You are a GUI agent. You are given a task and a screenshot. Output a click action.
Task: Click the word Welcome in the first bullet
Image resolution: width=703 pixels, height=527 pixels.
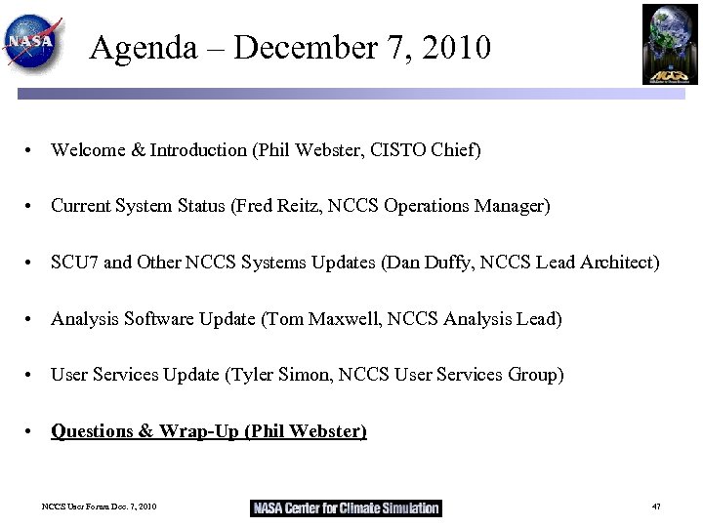[86, 150]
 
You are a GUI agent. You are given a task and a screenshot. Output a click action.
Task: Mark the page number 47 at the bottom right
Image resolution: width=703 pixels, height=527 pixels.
[656, 507]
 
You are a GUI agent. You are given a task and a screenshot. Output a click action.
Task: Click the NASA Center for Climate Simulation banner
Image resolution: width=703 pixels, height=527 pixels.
[346, 507]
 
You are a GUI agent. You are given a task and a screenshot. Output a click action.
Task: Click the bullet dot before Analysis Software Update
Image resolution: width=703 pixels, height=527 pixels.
[33, 320]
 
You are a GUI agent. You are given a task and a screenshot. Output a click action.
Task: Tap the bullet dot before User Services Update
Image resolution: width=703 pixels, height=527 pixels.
[33, 376]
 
